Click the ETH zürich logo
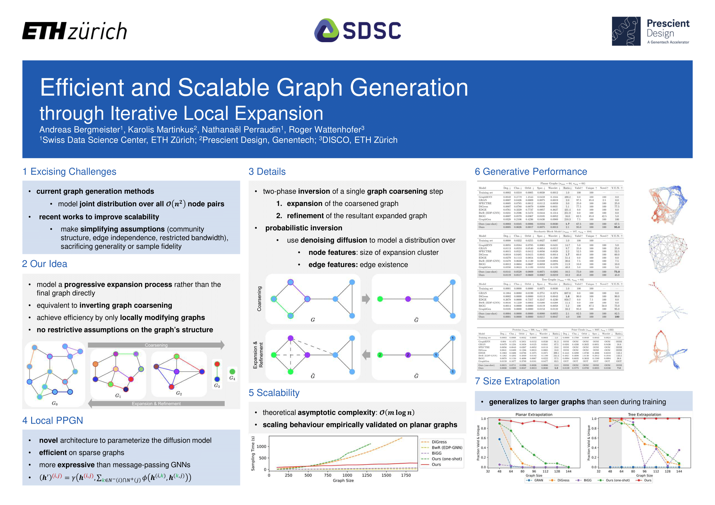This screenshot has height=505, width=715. pyautogui.click(x=74, y=31)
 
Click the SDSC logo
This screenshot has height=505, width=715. pyautogui.click(x=358, y=31)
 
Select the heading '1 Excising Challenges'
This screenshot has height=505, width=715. pyautogui.click(x=69, y=171)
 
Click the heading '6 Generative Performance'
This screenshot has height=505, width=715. pyautogui.click(x=531, y=171)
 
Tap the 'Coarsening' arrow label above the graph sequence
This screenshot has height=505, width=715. pyautogui.click(x=156, y=345)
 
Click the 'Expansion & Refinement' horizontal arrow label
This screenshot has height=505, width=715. pyautogui.click(x=156, y=404)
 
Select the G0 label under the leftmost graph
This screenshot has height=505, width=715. pyautogui.click(x=54, y=404)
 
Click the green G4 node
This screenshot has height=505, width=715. pyautogui.click(x=232, y=371)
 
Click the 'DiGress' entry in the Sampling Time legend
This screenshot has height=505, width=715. pyautogui.click(x=439, y=442)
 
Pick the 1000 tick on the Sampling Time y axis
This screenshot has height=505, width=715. pyautogui.click(x=261, y=447)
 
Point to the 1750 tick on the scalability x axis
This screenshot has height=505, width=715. pyautogui.click(x=406, y=475)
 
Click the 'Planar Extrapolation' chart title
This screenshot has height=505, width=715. pyautogui.click(x=534, y=415)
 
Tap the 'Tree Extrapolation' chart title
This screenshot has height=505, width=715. pyautogui.click(x=644, y=415)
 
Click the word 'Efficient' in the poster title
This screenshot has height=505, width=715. pyautogui.click(x=82, y=87)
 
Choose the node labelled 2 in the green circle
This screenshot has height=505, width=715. pyautogui.click(x=380, y=355)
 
